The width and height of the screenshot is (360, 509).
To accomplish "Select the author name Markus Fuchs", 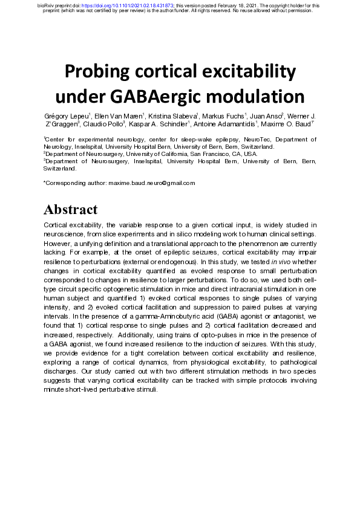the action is tap(221, 115).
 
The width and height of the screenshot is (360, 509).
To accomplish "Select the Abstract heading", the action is tap(70, 210).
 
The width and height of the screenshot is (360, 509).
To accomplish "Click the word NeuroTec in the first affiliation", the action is tap(235, 139).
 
